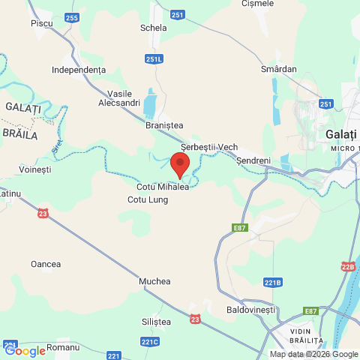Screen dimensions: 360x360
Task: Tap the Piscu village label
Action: (x=42, y=24)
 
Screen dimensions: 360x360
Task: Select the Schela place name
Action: (x=153, y=28)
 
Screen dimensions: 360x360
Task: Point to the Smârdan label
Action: (x=280, y=69)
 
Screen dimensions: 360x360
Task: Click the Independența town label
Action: (x=79, y=69)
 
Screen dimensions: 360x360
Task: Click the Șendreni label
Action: (x=253, y=160)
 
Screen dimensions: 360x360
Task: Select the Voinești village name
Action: (x=34, y=170)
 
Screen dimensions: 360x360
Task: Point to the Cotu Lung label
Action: (x=148, y=199)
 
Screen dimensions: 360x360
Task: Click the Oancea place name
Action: (x=46, y=264)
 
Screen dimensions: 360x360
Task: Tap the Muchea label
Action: (x=155, y=281)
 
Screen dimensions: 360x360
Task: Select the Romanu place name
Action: (x=63, y=348)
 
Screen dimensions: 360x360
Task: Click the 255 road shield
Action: (x=71, y=17)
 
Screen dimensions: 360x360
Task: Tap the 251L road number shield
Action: (x=154, y=58)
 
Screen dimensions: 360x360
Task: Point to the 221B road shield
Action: (x=273, y=283)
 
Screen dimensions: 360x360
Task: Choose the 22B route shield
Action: (x=348, y=266)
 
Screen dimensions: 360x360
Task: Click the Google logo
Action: (x=25, y=350)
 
